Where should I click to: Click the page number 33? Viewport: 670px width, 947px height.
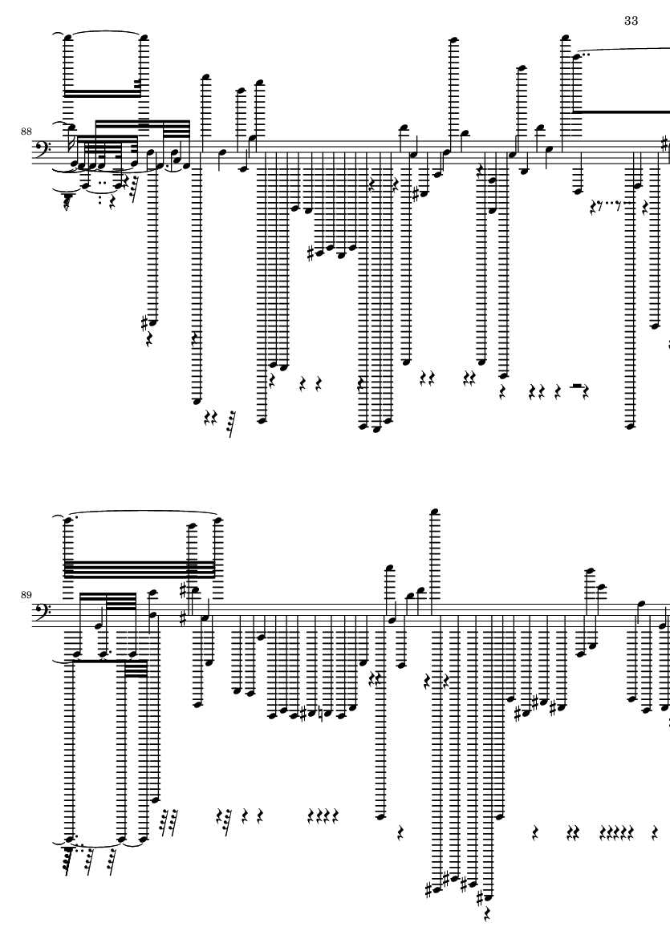631,21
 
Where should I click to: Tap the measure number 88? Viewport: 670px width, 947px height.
26,131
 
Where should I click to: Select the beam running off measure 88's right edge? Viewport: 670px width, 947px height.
623,111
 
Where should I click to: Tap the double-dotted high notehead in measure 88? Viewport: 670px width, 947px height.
577,57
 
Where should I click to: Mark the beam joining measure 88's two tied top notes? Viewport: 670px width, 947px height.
103,93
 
